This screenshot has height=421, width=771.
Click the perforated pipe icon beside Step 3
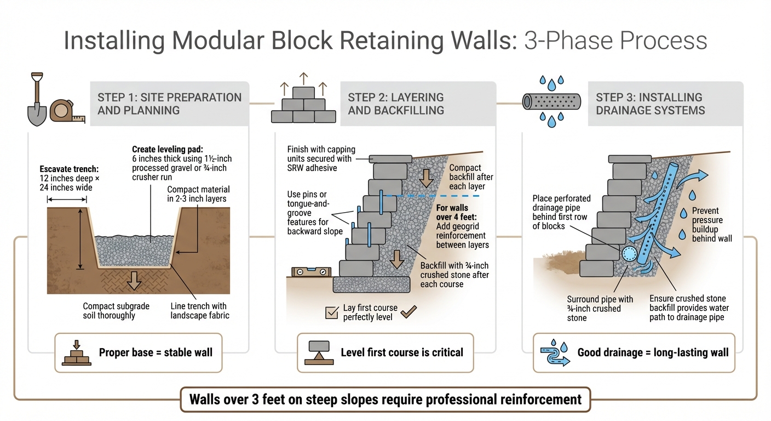pos(551,101)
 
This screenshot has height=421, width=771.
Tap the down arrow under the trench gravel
pos(134,279)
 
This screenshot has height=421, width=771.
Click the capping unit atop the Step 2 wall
pos(390,158)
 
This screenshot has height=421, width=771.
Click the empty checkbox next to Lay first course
pos(332,312)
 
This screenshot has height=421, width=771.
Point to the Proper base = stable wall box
pos(138,352)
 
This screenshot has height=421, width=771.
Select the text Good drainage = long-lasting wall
pos(653,352)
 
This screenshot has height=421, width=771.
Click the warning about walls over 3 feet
pos(385,399)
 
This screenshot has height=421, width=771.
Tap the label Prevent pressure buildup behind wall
pos(712,224)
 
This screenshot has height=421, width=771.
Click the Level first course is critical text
pos(401,352)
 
